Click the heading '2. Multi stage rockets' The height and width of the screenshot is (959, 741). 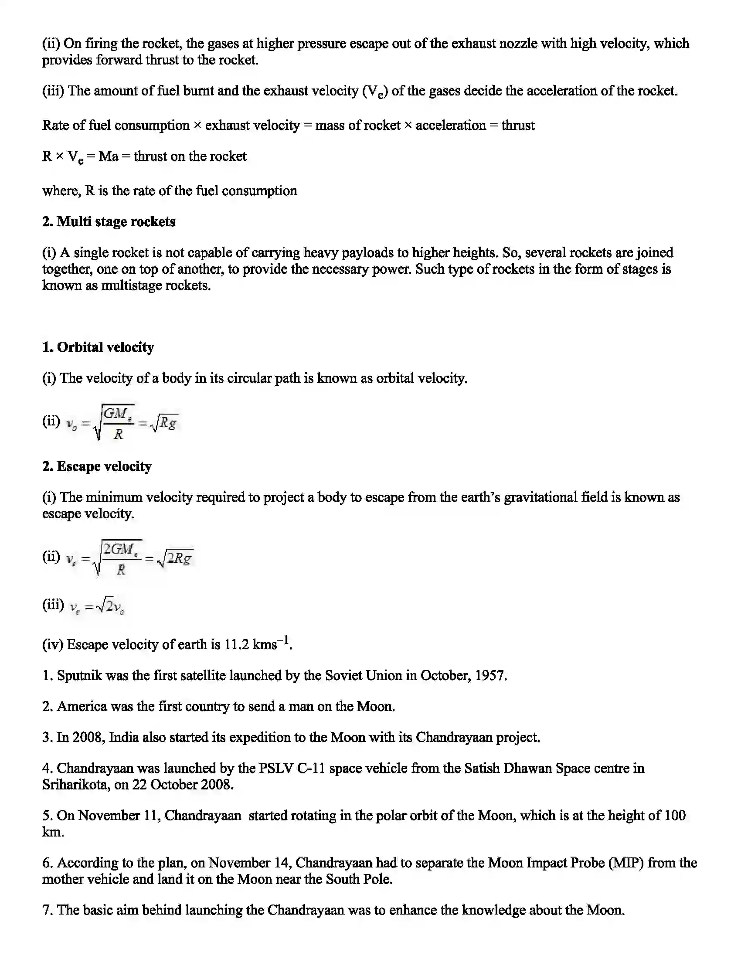tap(109, 222)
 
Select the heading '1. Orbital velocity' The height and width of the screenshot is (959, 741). tap(98, 347)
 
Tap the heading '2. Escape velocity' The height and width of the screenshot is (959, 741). tap(97, 466)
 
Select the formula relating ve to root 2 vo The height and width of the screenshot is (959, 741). tap(97, 606)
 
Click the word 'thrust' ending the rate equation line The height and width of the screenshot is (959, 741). tap(517, 126)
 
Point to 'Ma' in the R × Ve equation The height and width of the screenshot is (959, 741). tap(108, 156)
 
